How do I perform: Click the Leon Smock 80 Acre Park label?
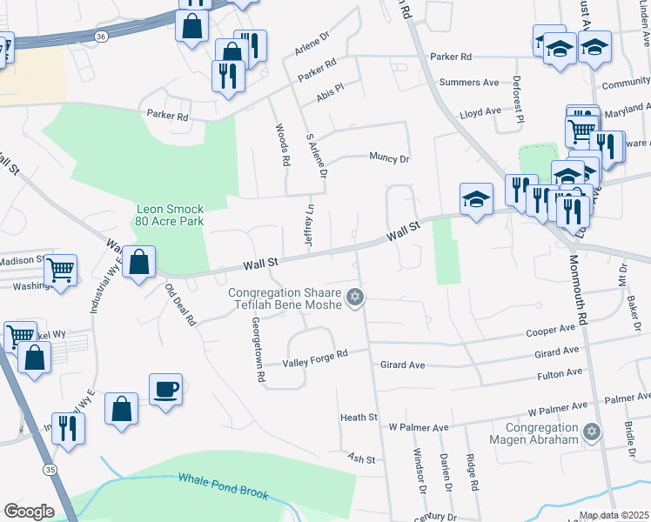pyautogui.click(x=169, y=215)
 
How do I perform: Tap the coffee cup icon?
pyautogui.click(x=164, y=388)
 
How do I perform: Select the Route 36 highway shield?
pyautogui.click(x=102, y=36)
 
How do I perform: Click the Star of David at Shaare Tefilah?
pyautogui.click(x=353, y=298)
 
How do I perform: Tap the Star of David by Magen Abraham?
pyautogui.click(x=592, y=432)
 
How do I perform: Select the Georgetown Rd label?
pyautogui.click(x=257, y=349)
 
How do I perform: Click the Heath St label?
pyautogui.click(x=359, y=418)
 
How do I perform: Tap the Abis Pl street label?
pyautogui.click(x=331, y=91)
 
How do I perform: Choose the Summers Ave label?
pyautogui.click(x=469, y=83)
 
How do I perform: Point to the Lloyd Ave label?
pyautogui.click(x=480, y=112)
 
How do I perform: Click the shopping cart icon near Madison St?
pyautogui.click(x=60, y=271)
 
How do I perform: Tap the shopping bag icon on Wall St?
pyautogui.click(x=138, y=261)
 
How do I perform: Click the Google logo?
pyautogui.click(x=29, y=512)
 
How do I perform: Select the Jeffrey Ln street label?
pyautogui.click(x=309, y=225)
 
